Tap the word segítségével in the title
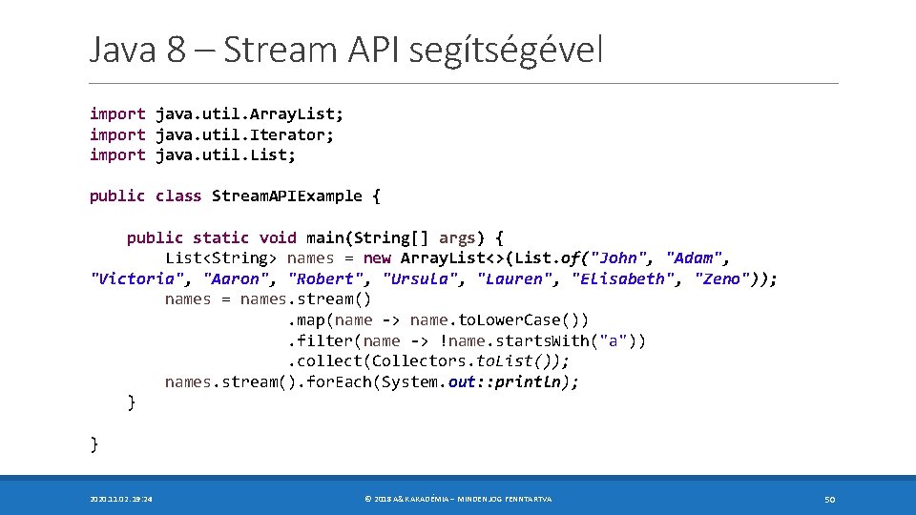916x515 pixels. click(506, 50)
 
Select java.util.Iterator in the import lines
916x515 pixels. click(244, 134)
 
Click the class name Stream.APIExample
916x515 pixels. click(286, 196)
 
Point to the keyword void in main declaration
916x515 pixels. click(278, 237)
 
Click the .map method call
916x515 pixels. click(306, 319)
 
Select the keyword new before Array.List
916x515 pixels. click(377, 257)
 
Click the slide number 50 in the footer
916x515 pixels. click(829, 499)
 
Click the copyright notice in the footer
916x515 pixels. click(458, 499)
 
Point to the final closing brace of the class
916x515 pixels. click(94, 443)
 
